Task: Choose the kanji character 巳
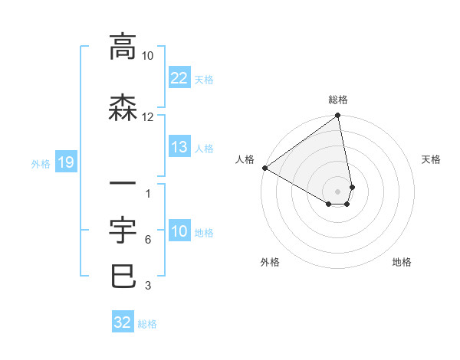tap(123, 276)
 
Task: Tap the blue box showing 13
tap(179, 147)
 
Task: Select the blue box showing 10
tap(179, 231)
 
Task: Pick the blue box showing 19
tap(65, 162)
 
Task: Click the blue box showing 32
tap(123, 322)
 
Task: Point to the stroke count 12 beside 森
tap(148, 117)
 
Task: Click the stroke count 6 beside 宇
tap(147, 240)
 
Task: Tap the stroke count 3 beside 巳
tap(147, 286)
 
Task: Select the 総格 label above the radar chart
tap(338, 100)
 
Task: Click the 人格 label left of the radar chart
tap(245, 159)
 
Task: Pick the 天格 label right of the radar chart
tap(431, 159)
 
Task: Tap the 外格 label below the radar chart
tap(270, 262)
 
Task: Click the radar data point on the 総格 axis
tap(338, 116)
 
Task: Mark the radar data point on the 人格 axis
tap(264, 168)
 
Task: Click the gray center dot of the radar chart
tap(338, 191)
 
